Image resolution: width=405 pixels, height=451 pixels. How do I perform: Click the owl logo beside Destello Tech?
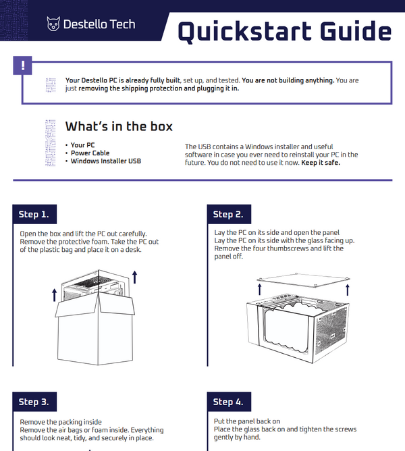pos(53,24)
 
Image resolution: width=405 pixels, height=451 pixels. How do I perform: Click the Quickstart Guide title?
pos(284,32)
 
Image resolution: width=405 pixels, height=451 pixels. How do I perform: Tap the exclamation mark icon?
pos(23,65)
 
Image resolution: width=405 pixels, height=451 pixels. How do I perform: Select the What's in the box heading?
pos(119,126)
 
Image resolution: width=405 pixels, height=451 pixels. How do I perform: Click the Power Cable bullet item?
pos(90,153)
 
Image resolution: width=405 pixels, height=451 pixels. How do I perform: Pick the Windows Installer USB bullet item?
pos(106,161)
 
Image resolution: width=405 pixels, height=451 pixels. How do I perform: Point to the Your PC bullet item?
pos(82,145)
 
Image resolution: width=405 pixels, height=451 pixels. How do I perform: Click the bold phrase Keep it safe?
pos(321,163)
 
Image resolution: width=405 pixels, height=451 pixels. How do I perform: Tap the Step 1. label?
pos(33,215)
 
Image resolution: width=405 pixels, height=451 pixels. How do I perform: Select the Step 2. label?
pos(227,215)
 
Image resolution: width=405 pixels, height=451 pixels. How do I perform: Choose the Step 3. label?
pos(33,402)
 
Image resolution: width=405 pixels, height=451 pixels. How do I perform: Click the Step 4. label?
pos(227,402)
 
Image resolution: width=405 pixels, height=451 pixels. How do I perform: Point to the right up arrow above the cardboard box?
pos(135,275)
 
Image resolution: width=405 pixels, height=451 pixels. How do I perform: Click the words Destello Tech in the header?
pos(99,24)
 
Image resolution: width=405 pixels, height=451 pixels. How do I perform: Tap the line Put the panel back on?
pos(246,421)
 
